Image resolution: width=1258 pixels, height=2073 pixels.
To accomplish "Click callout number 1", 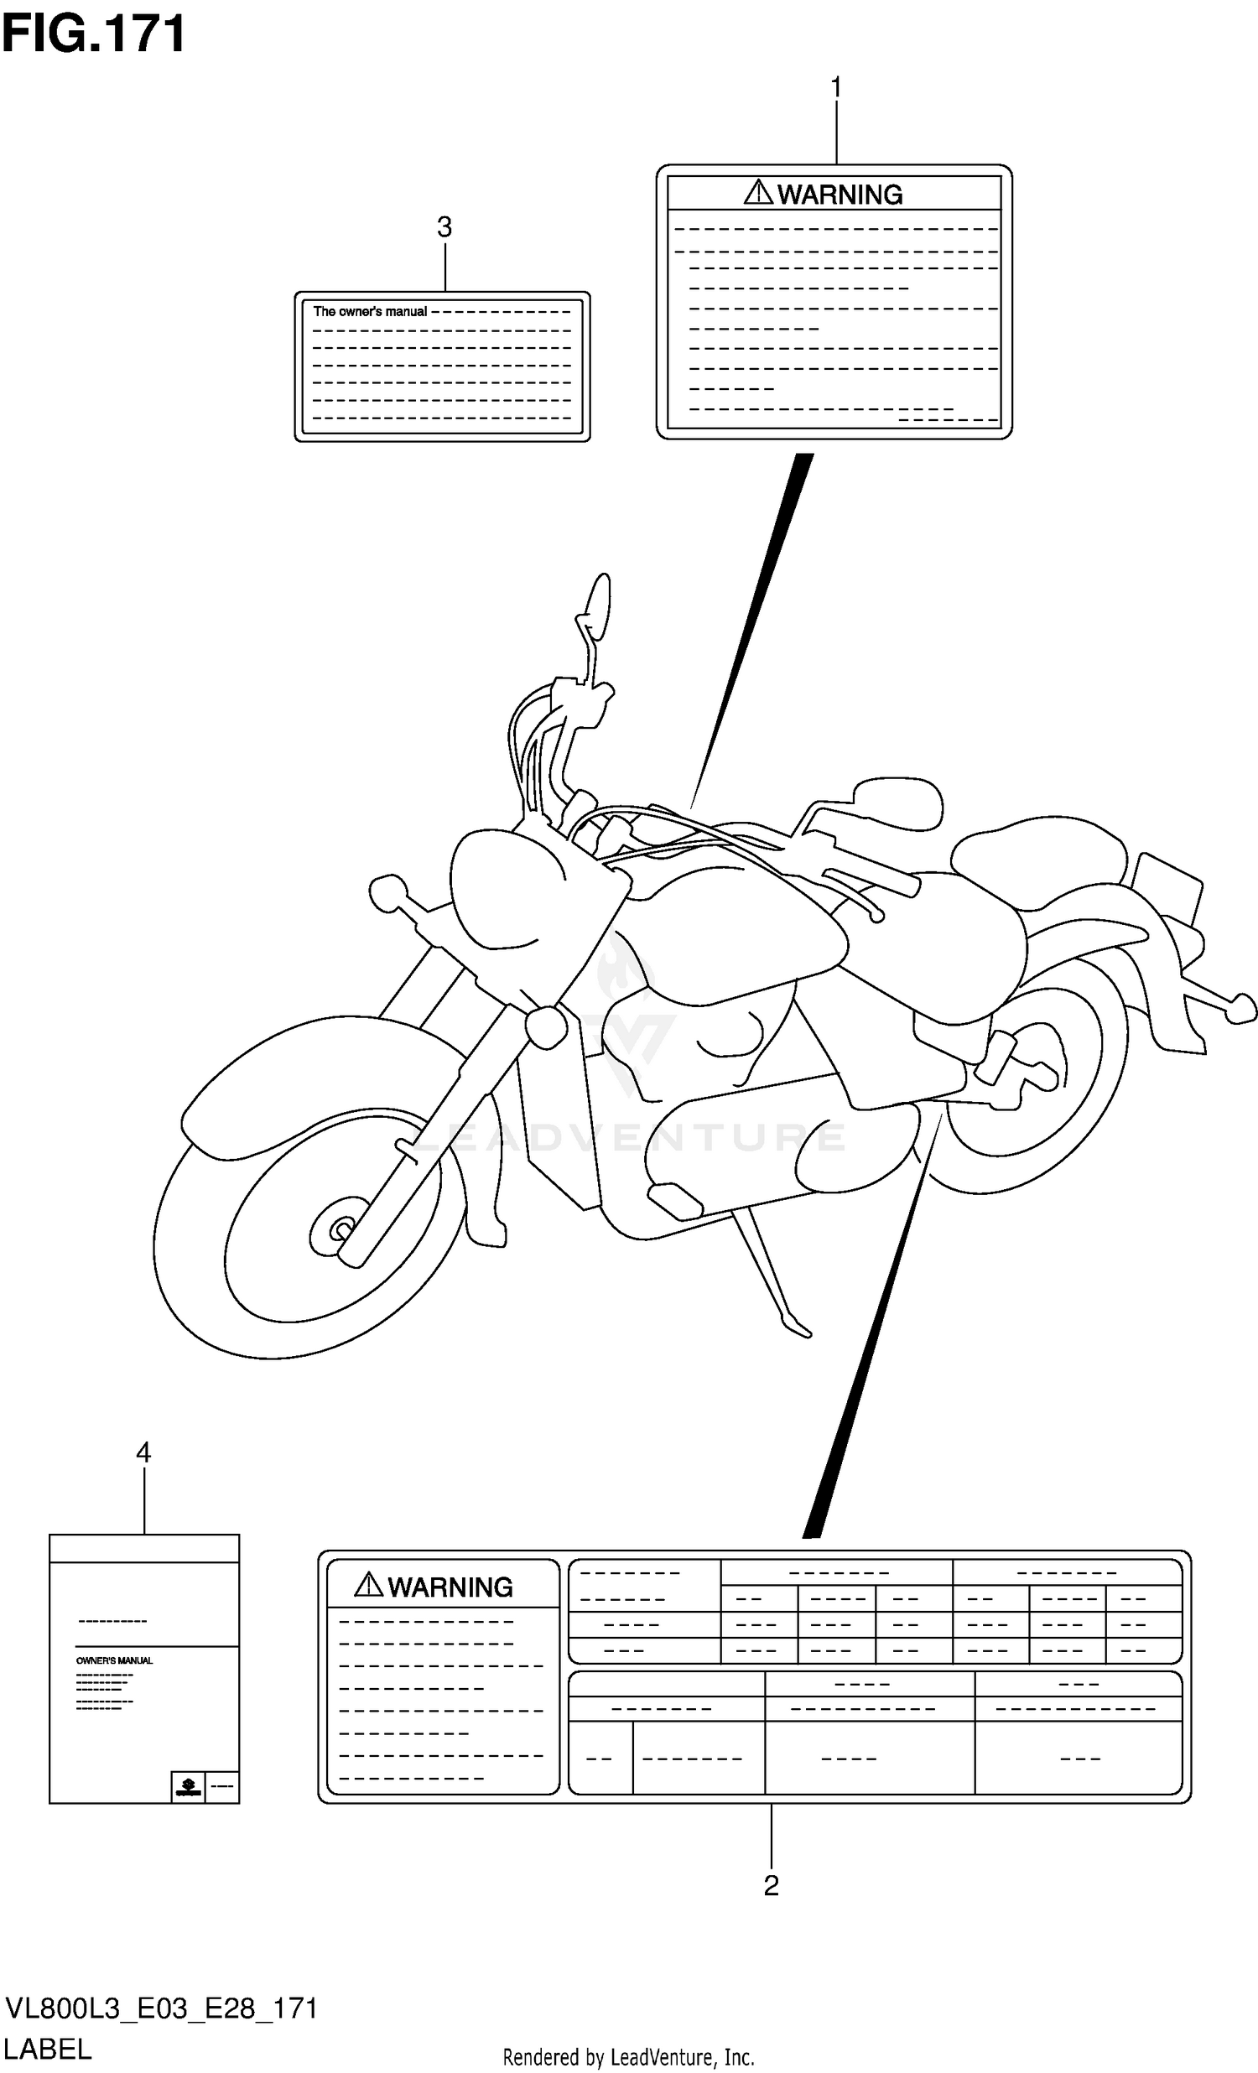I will pos(835,87).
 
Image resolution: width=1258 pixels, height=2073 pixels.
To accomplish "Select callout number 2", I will pos(771,1885).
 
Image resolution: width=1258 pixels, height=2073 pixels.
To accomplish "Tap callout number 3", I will pos(444,227).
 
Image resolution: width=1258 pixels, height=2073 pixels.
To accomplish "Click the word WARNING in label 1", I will pos(840,195).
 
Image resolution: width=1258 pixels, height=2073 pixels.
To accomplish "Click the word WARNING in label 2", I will pos(450,1587).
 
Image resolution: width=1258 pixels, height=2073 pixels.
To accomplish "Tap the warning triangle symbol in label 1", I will pos(758,193).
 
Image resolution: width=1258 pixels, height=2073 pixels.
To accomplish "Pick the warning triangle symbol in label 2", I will pos(368,1585).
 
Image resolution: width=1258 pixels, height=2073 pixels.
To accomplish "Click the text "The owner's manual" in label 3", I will pos(370,311).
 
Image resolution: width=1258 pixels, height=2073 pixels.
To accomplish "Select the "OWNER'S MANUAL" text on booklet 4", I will pos(114,1660).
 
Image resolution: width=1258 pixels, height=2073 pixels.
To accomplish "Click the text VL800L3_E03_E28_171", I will pos(162,2008).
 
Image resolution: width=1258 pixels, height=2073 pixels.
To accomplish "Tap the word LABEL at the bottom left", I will pos(48,2049).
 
